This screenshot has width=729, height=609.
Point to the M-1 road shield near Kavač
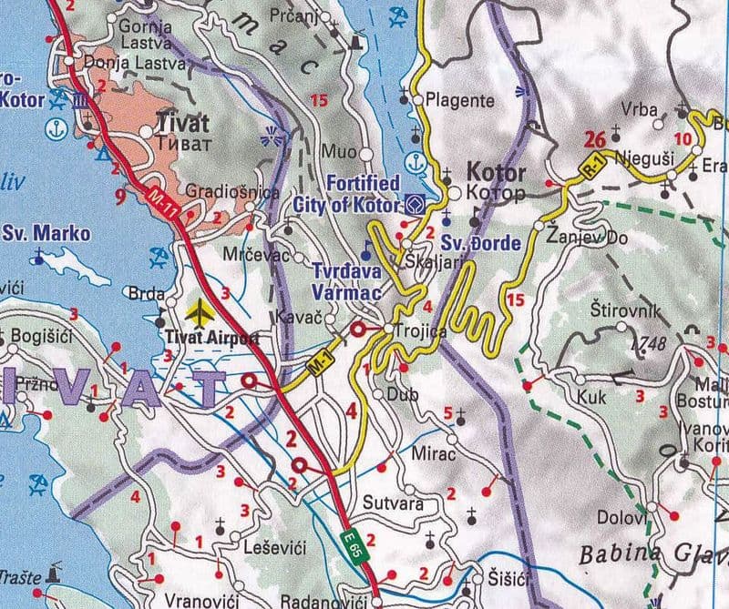pos(318,360)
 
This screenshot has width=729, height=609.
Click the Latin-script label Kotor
pos(496,172)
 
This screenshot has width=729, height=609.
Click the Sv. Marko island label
pos(46,234)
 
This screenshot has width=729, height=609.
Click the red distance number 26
pos(595,139)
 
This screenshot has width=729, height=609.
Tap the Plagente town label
pos(459,100)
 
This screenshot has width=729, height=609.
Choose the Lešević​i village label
pos(273,547)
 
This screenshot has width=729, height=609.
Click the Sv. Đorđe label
pos(479,245)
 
